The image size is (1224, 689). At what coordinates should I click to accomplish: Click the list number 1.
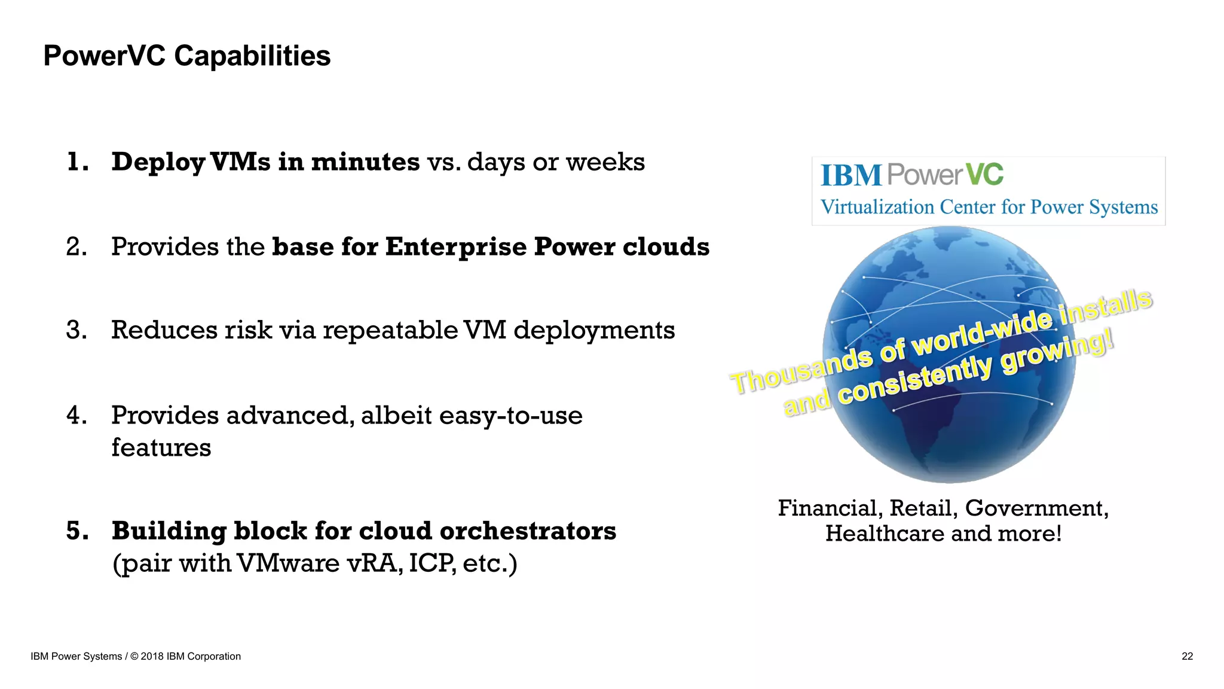(x=76, y=162)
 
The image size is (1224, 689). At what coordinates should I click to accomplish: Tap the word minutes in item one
(x=365, y=162)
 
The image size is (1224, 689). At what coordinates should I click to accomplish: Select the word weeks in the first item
(x=605, y=162)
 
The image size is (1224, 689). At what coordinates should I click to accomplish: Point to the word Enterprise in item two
(x=455, y=247)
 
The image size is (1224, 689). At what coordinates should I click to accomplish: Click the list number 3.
(x=76, y=330)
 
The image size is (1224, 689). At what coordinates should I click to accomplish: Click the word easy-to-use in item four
(x=510, y=415)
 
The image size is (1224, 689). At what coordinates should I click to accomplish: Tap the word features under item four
(x=161, y=447)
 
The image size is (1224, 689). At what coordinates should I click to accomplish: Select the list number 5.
(x=76, y=531)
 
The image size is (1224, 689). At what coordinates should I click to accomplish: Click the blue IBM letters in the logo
(x=851, y=176)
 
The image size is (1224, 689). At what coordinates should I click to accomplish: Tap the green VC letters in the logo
(x=984, y=175)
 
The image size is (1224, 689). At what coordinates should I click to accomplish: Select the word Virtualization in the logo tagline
(x=877, y=207)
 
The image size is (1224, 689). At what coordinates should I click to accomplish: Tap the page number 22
(x=1187, y=656)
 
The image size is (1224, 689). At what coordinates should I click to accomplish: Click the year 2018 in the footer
(x=152, y=656)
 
